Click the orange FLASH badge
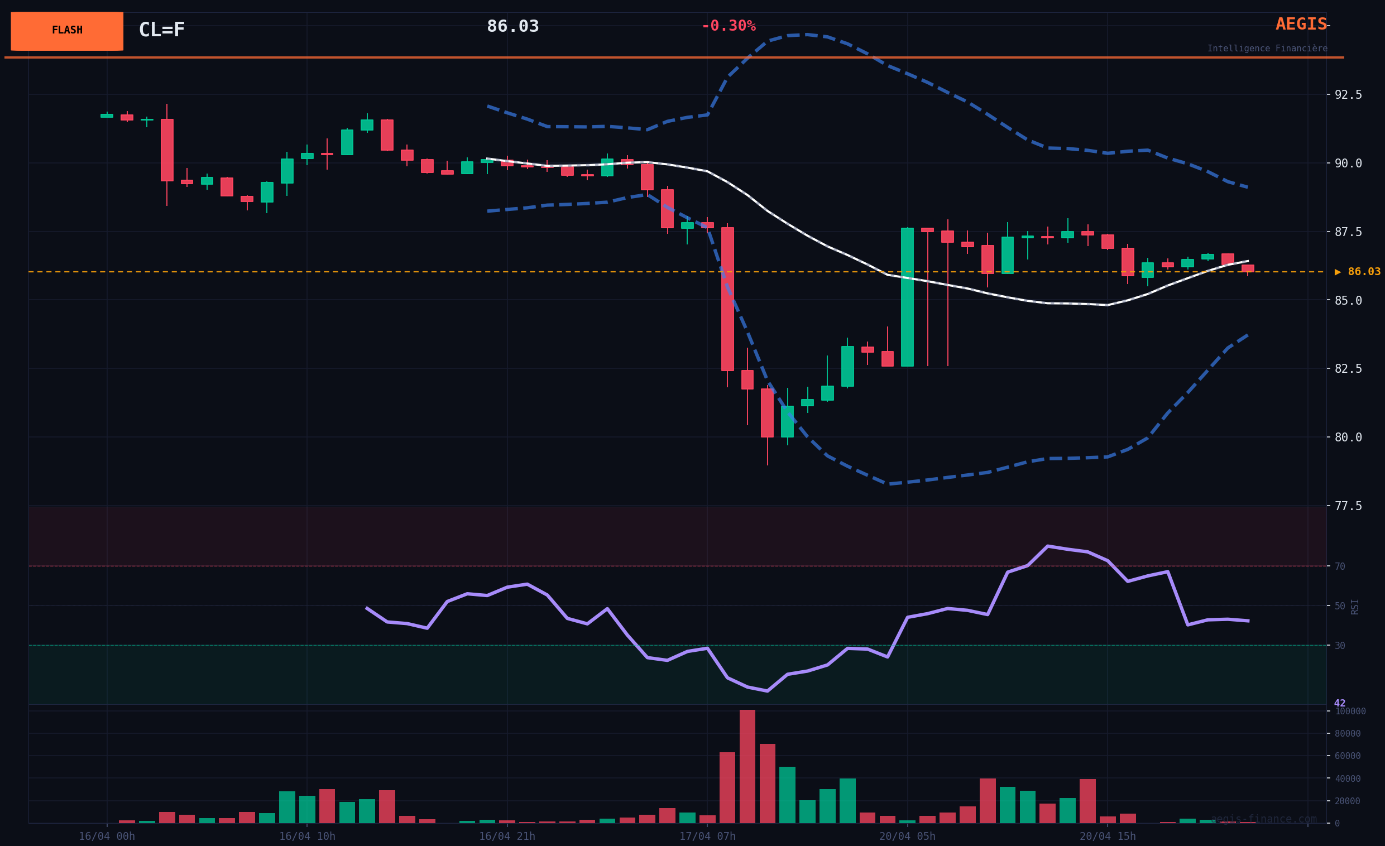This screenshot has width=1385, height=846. point(67,31)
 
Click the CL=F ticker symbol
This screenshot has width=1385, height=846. point(162,30)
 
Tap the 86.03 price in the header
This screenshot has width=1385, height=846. point(512,26)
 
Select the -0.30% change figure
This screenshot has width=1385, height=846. point(729,26)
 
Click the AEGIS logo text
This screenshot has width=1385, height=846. point(1301,24)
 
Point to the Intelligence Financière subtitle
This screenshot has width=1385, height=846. point(1267,49)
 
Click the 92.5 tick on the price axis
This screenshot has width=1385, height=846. point(1348,95)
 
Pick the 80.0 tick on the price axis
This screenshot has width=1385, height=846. point(1348,438)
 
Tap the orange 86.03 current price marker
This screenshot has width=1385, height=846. point(1358,272)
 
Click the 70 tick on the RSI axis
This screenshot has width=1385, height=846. point(1340,567)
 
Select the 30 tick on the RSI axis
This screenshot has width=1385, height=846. point(1340,646)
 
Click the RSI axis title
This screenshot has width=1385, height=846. point(1355,607)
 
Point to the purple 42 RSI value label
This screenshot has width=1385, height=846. point(1339,703)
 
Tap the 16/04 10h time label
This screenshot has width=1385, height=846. point(307,837)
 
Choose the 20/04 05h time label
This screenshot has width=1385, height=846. point(907,837)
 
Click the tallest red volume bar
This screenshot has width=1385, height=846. point(747,767)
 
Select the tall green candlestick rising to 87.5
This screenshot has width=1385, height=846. point(907,297)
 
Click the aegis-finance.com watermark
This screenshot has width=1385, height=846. point(1264,819)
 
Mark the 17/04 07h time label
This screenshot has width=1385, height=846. point(707,837)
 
